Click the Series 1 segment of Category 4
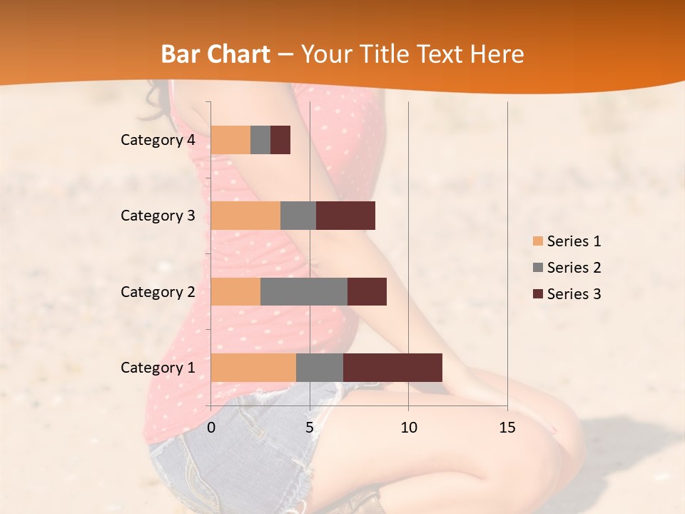[x=230, y=140]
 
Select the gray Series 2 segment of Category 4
[x=260, y=140]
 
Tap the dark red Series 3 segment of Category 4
[x=280, y=140]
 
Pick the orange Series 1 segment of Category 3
[x=245, y=216]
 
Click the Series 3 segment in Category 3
[x=345, y=216]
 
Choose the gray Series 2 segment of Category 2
[x=304, y=291]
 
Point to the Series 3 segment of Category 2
[x=367, y=291]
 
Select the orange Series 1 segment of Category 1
[x=253, y=368]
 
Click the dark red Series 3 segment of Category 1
[x=392, y=368]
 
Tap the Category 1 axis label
[x=158, y=368]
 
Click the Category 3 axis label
[x=158, y=216]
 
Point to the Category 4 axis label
[x=158, y=140]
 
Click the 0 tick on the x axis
[x=211, y=428]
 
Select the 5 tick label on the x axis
[x=310, y=428]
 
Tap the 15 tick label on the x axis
[x=507, y=428]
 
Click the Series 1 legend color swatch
[x=537, y=241]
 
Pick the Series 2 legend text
[x=574, y=268]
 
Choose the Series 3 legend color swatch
[x=537, y=294]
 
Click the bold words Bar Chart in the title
[x=215, y=54]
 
